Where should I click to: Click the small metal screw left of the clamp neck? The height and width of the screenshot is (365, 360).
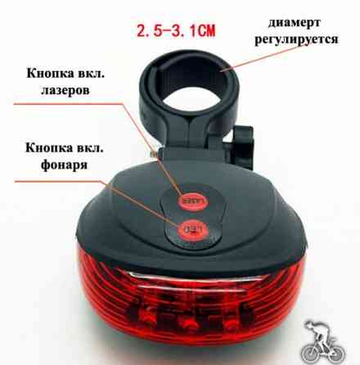click(x=154, y=147)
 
